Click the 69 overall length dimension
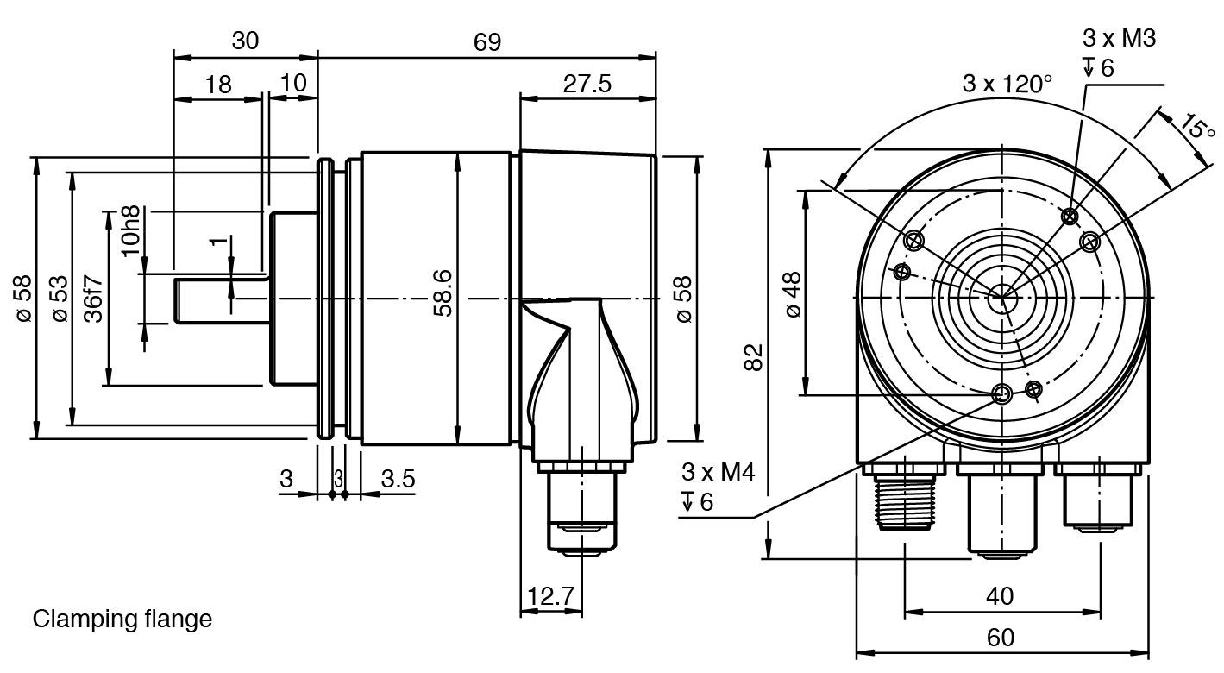[486, 42]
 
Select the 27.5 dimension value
[587, 84]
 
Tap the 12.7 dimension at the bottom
[551, 597]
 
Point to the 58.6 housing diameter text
[443, 293]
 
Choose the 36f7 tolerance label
[94, 299]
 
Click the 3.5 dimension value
[398, 480]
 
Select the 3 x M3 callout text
[1119, 38]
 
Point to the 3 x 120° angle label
[1007, 84]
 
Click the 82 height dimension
[753, 355]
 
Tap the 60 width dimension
[1000, 638]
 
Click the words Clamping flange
[122, 619]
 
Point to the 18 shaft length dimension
[219, 84]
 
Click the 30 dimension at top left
[245, 41]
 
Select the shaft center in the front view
[1002, 299]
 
